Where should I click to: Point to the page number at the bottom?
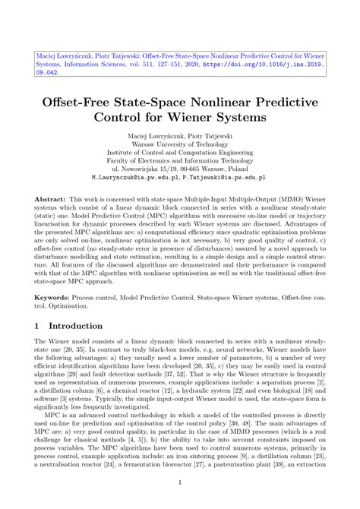[x=179, y=482]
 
